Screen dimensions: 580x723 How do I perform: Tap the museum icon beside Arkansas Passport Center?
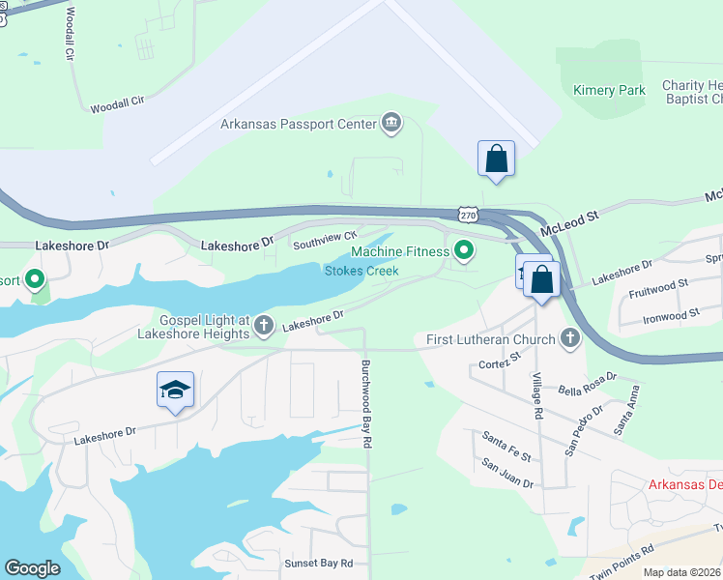point(391,122)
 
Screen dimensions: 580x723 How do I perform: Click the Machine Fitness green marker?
point(465,251)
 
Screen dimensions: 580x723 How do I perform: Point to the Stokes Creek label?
point(361,271)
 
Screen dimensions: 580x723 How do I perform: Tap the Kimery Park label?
point(609,90)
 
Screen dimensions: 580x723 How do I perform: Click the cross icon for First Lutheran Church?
point(570,338)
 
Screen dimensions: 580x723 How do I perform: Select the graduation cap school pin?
point(175,390)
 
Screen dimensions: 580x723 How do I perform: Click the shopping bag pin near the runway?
point(496,159)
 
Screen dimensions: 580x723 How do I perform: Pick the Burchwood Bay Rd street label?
point(367,402)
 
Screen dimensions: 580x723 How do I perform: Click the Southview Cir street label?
point(326,238)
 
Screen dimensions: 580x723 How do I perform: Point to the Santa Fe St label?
point(506,446)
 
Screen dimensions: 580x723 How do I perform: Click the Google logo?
point(32,568)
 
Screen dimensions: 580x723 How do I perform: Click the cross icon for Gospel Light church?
point(263,329)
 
